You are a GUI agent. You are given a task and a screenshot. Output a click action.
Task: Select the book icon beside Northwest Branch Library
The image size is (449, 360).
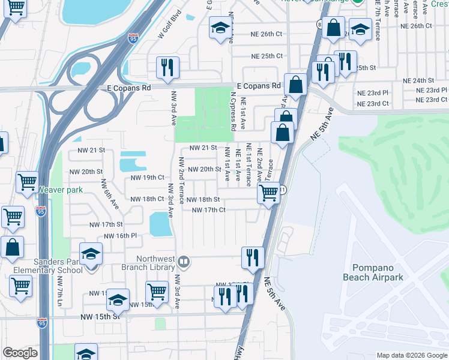pos(184,262)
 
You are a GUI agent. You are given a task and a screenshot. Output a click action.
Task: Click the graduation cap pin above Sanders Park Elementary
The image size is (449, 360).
pos(91,254)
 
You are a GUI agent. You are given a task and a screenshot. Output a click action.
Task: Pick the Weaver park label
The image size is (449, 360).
pos(60,190)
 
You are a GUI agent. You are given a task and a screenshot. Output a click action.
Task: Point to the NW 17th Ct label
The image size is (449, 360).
pos(208,210)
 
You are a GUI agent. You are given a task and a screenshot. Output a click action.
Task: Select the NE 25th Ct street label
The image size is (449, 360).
pos(267,56)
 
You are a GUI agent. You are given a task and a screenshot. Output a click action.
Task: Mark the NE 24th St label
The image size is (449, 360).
pos(418,80)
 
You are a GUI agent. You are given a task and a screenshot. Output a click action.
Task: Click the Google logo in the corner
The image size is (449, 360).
pos(20,353)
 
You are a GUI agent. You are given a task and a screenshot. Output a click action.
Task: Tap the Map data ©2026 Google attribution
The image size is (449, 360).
pos(411,355)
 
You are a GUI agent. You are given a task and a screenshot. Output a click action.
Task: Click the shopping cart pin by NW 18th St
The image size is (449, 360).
pos(268,193)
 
